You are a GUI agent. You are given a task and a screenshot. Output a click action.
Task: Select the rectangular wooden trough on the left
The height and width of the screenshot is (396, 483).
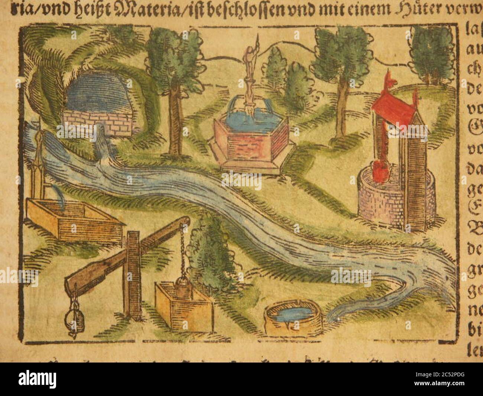point(74,219)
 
